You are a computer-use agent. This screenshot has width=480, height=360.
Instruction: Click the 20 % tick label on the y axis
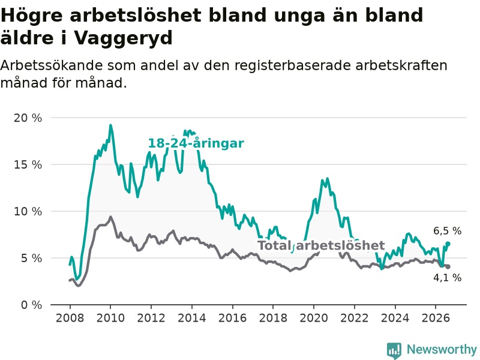(28, 118)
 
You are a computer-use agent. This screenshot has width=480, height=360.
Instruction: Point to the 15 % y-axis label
(28, 164)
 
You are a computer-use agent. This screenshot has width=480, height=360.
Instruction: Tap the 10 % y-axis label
(28, 212)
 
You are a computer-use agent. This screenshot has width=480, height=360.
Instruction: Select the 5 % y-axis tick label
(31, 259)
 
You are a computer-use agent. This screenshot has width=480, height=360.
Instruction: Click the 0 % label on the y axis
(31, 305)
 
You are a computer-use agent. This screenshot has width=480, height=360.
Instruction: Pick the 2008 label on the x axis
(70, 318)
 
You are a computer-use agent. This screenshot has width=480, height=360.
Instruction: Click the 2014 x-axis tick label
(192, 318)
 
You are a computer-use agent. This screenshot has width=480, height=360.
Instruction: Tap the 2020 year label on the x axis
(314, 318)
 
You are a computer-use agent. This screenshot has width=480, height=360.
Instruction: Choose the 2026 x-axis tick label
(436, 318)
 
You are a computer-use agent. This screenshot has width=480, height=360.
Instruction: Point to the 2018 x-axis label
(273, 318)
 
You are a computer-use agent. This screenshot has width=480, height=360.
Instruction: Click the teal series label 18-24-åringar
(196, 143)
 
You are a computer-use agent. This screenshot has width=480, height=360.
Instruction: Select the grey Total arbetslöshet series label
(321, 245)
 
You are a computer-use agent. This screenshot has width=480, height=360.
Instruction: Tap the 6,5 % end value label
(447, 231)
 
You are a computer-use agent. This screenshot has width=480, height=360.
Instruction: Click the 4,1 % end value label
(447, 278)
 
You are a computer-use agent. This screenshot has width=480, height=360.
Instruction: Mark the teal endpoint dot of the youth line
(448, 244)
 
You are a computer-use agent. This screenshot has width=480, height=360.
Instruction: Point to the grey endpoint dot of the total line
(448, 266)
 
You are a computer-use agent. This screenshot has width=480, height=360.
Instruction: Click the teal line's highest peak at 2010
(110, 125)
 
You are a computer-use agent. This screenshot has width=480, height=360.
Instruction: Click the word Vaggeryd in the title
(124, 38)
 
